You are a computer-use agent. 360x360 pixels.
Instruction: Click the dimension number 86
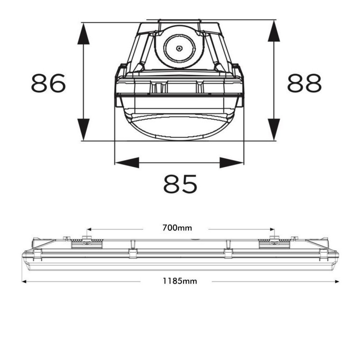pyautogui.click(x=49, y=83)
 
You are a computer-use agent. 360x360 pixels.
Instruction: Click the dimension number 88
pyautogui.click(x=305, y=83)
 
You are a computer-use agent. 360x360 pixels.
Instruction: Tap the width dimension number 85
pyautogui.click(x=180, y=184)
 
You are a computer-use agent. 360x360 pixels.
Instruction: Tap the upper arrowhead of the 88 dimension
pyautogui.click(x=274, y=31)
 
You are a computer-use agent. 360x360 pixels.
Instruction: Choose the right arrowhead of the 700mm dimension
pyautogui.click(x=271, y=228)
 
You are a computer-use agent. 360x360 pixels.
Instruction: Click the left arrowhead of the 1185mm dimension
pyautogui.click(x=25, y=282)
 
